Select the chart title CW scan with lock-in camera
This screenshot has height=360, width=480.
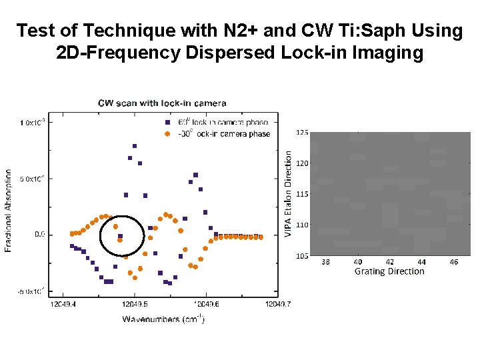click(x=162, y=103)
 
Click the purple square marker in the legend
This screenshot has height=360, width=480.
click(x=167, y=123)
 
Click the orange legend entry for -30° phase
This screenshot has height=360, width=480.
click(x=167, y=133)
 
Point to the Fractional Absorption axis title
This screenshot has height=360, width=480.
click(x=9, y=209)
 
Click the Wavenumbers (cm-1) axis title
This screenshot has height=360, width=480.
click(x=163, y=319)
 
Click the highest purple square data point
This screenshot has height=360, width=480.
click(x=135, y=146)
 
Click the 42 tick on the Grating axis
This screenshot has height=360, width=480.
click(x=389, y=262)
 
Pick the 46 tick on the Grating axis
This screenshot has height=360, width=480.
click(x=453, y=262)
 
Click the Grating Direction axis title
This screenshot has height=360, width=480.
click(x=389, y=271)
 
